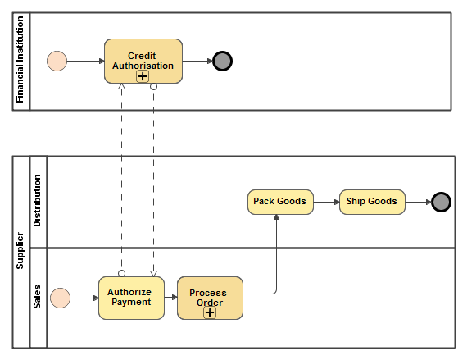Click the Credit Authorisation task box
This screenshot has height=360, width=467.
143,57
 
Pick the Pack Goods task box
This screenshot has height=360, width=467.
280,202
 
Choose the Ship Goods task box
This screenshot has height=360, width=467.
372,202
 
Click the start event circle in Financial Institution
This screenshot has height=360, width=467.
57,61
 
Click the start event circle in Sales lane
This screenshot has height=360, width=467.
60,298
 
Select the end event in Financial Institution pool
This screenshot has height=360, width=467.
222,61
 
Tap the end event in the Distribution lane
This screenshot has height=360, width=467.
441,202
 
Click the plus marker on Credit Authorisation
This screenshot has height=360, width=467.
143,76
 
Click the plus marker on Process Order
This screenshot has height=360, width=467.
210,312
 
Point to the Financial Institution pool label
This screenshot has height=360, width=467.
21,62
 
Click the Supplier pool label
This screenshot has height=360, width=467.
20,252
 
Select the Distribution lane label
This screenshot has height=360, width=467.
38,202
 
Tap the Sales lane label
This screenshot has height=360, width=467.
38,297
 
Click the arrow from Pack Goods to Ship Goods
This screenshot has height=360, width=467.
326,202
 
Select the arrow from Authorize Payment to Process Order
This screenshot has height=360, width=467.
170,298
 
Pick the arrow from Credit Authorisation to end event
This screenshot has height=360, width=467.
197,61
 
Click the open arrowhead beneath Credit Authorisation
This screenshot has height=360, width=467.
121,87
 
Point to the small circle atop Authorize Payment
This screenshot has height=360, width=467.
121,273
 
